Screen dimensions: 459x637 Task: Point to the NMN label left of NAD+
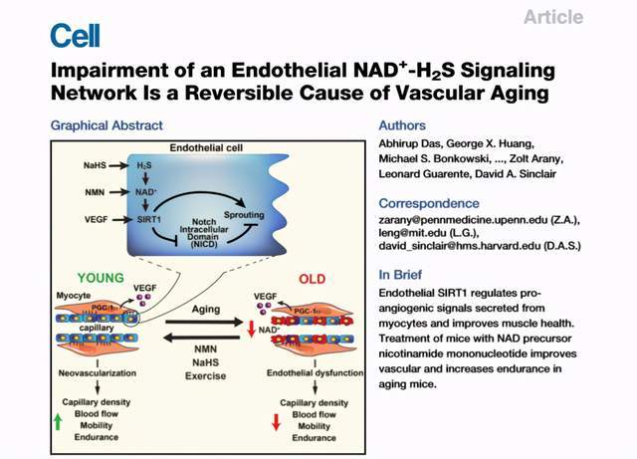[x=97, y=188]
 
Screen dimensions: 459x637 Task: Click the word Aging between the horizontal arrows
[x=201, y=311]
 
